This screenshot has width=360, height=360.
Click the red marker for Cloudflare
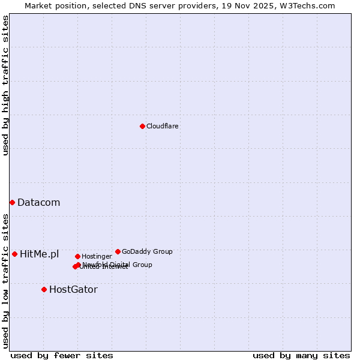coord(142,126)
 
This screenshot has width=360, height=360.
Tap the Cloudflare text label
coord(162,127)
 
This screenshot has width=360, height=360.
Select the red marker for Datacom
coord(12,203)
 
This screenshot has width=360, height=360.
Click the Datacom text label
coord(38,203)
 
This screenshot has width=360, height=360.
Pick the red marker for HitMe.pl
coord(14,254)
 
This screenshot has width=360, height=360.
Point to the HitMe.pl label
coord(39,254)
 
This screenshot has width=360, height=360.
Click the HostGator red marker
coord(44,289)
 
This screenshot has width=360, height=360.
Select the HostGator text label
coord(73,290)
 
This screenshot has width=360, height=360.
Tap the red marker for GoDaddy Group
coord(118,251)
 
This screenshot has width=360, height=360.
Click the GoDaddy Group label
coord(147,252)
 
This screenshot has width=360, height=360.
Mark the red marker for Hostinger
coord(77,256)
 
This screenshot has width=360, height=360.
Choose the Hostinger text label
coord(97,257)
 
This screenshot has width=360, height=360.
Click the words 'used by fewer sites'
coord(62,355)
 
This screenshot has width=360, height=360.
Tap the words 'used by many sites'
coord(301,355)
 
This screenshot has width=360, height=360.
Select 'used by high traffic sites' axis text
coord(5,85)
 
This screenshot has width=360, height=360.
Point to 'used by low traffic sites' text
coord(5,280)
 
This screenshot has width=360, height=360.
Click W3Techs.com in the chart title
coord(310,5)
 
